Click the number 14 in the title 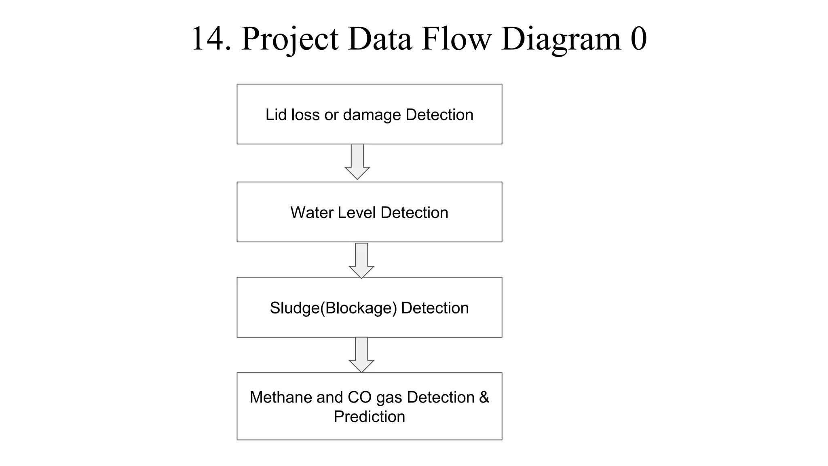click(x=209, y=39)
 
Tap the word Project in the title click(x=289, y=40)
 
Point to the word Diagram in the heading click(x=561, y=40)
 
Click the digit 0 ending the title click(x=638, y=39)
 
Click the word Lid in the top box click(x=276, y=115)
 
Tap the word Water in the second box click(x=311, y=213)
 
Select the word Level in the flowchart click(x=357, y=213)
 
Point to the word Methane click(x=281, y=397)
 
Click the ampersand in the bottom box click(x=484, y=397)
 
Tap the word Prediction click(x=369, y=417)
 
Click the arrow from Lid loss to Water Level click(x=357, y=162)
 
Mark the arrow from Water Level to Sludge click(x=361, y=261)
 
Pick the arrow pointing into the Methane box click(x=361, y=355)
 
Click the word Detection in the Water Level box click(x=414, y=213)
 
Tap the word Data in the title click(x=379, y=39)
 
